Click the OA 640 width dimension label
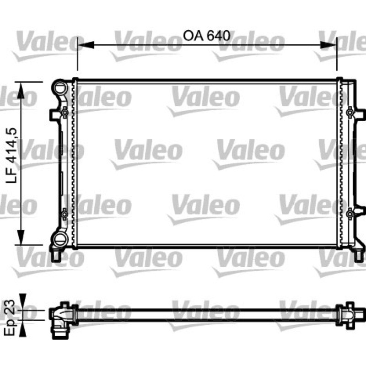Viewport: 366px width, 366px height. pyautogui.click(x=207, y=36)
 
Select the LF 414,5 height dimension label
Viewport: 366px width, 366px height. pyautogui.click(x=11, y=156)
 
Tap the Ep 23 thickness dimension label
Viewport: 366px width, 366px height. pyautogui.click(x=10, y=318)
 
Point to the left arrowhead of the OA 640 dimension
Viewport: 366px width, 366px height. pyautogui.click(x=86, y=45)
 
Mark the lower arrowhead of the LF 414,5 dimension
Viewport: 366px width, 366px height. pyautogui.click(x=21, y=237)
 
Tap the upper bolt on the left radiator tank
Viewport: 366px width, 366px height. pyautogui.click(x=65, y=113)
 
